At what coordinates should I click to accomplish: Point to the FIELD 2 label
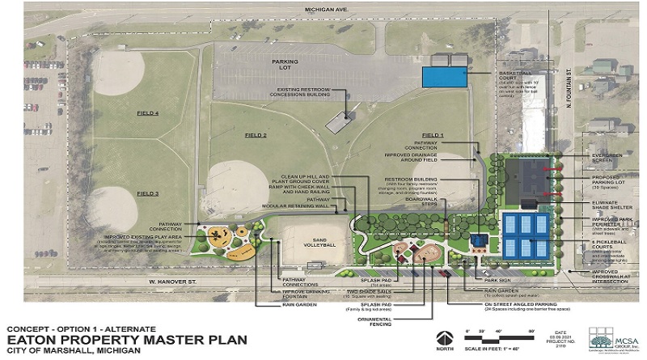click(x=253, y=135)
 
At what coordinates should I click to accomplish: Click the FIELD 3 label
click(x=148, y=193)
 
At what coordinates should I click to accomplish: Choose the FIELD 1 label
click(x=433, y=134)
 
